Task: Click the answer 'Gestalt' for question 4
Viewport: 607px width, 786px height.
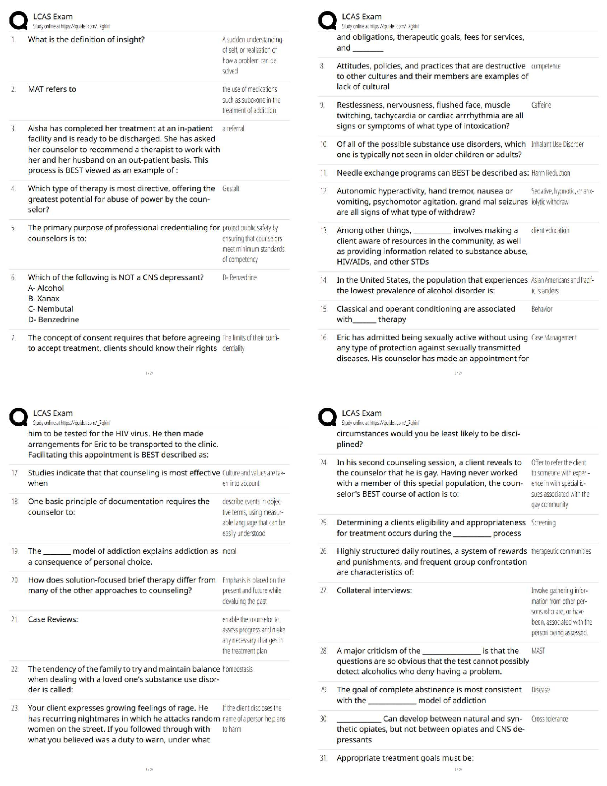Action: [x=231, y=189]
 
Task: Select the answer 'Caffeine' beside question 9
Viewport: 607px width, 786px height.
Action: [x=541, y=105]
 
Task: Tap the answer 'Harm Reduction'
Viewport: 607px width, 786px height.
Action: [x=550, y=173]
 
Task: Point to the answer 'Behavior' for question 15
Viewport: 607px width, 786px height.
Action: [x=542, y=309]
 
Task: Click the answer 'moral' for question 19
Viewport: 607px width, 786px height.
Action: [x=230, y=551]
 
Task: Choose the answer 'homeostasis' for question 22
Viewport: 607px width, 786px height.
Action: [x=238, y=669]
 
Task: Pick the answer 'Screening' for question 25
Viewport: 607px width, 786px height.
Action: [x=543, y=523]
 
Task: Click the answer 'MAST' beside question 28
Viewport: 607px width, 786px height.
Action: [x=538, y=651]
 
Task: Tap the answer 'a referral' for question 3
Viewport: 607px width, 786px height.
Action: [x=233, y=129]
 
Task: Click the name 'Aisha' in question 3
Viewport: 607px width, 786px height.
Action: [x=38, y=129]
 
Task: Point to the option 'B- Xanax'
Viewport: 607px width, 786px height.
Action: [x=44, y=299]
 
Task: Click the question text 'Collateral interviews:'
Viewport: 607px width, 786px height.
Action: [x=374, y=590]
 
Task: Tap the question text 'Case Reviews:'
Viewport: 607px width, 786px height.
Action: [x=53, y=620]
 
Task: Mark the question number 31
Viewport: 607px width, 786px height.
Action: [x=323, y=758]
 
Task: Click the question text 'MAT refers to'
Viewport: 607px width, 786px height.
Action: [x=52, y=89]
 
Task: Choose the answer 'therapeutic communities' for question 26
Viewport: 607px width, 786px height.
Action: [x=561, y=551]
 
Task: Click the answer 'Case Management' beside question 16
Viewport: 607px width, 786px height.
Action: [x=553, y=338]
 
